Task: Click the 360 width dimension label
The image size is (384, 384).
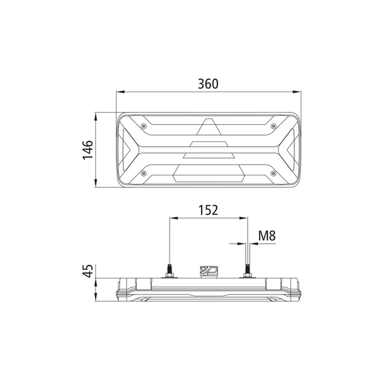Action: tap(208, 84)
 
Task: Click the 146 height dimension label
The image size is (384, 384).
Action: tap(88, 150)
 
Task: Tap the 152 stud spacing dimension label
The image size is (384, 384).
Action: tap(208, 210)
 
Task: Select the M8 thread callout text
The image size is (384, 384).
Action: tap(267, 236)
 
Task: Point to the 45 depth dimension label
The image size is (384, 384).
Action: tap(88, 271)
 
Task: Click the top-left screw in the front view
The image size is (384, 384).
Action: tap(144, 126)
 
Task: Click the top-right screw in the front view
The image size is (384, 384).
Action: tap(273, 126)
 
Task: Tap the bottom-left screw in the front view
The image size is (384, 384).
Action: tap(144, 173)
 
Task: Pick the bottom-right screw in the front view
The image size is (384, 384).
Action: tap(273, 173)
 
